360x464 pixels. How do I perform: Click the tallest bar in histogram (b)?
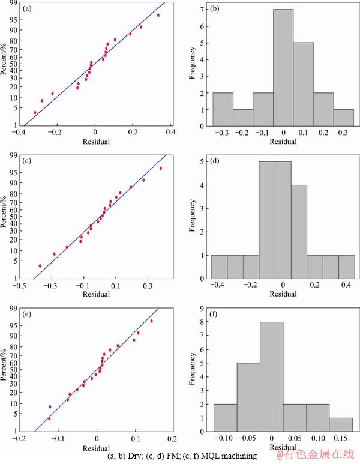click(283, 68)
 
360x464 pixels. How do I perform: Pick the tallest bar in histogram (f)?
click(271, 376)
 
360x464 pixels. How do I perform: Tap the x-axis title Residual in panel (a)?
click(95, 140)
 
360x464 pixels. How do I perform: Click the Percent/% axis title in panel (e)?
click(5, 368)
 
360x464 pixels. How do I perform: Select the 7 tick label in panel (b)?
click(199, 10)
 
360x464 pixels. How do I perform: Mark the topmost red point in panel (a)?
click(158, 15)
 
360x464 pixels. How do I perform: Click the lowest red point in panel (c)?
click(40, 266)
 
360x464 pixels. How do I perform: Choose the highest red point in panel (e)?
click(151, 321)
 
